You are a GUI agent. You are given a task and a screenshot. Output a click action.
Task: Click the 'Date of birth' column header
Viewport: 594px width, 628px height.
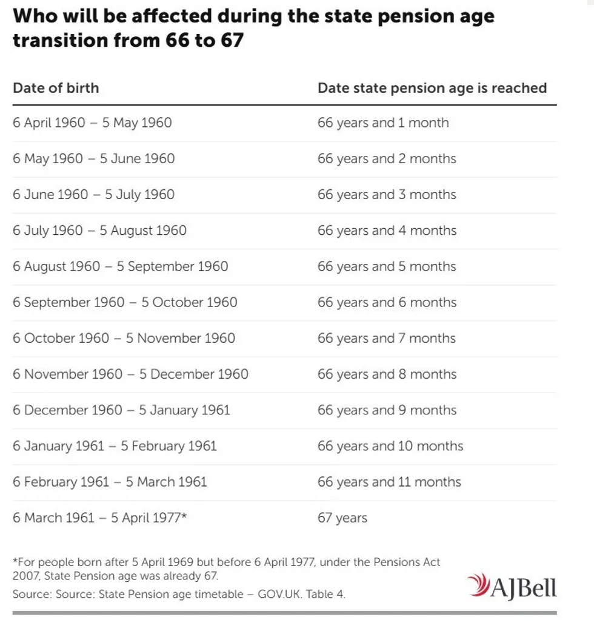pos(56,88)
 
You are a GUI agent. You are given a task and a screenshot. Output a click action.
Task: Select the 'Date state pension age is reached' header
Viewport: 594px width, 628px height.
pos(432,88)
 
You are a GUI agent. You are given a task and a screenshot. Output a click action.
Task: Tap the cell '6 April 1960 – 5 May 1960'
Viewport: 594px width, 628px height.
pos(92,123)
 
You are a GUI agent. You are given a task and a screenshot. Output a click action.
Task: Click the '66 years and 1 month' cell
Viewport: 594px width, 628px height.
pos(383,123)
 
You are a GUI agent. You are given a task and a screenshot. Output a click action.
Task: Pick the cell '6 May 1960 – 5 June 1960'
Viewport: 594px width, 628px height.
pos(93,159)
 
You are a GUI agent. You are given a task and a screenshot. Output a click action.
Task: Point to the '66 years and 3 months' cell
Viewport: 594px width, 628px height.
pos(387,195)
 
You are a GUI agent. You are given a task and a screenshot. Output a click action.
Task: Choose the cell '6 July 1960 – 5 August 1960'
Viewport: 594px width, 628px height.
pos(99,231)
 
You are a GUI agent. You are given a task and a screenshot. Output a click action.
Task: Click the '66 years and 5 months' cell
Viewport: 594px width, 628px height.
pos(387,266)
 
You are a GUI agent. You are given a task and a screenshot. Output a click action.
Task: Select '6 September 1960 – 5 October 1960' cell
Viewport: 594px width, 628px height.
pos(125,302)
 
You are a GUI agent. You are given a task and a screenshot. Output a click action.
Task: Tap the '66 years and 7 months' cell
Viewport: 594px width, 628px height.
pos(387,338)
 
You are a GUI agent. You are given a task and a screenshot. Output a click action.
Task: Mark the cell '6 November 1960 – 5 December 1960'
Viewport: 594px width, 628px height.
pos(130,374)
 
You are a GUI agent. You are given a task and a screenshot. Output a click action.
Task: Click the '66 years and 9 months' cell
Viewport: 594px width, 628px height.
pos(387,410)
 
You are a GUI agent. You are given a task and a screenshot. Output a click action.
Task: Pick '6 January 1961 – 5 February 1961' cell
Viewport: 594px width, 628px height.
pos(115,446)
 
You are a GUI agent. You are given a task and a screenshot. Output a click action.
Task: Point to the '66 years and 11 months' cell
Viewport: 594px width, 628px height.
pos(389,482)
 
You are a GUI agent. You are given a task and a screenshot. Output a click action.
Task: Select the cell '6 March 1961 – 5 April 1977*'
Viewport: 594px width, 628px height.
pos(100,518)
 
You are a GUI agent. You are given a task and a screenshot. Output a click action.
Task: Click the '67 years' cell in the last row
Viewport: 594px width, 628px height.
pos(342,518)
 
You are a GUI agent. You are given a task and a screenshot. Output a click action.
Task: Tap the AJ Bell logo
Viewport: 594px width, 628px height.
pos(512,586)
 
